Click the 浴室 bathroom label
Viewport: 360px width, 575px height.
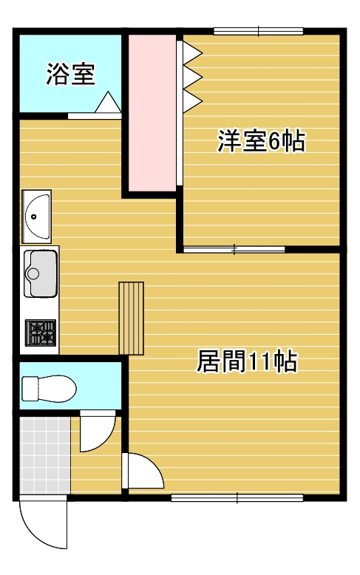tap(71, 74)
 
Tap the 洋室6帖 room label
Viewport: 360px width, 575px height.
tap(262, 141)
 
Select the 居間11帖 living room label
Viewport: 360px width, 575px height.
tap(247, 361)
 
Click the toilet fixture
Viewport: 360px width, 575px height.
tap(49, 389)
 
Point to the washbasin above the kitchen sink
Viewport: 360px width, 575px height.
tap(36, 217)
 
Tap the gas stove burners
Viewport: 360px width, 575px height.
tap(41, 333)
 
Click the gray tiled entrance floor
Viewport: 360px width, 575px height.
tap(45, 455)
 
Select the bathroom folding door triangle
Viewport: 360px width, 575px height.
tap(108, 102)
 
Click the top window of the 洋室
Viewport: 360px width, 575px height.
tap(259, 32)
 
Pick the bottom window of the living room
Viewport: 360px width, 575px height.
tap(237, 497)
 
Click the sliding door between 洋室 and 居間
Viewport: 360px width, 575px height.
tap(234, 250)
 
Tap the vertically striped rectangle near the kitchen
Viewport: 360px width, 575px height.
tap(132, 319)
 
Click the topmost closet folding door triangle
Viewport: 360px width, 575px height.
tap(191, 52)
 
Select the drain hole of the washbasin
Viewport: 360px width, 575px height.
tap(34, 217)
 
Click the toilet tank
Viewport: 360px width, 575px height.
tap(30, 389)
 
